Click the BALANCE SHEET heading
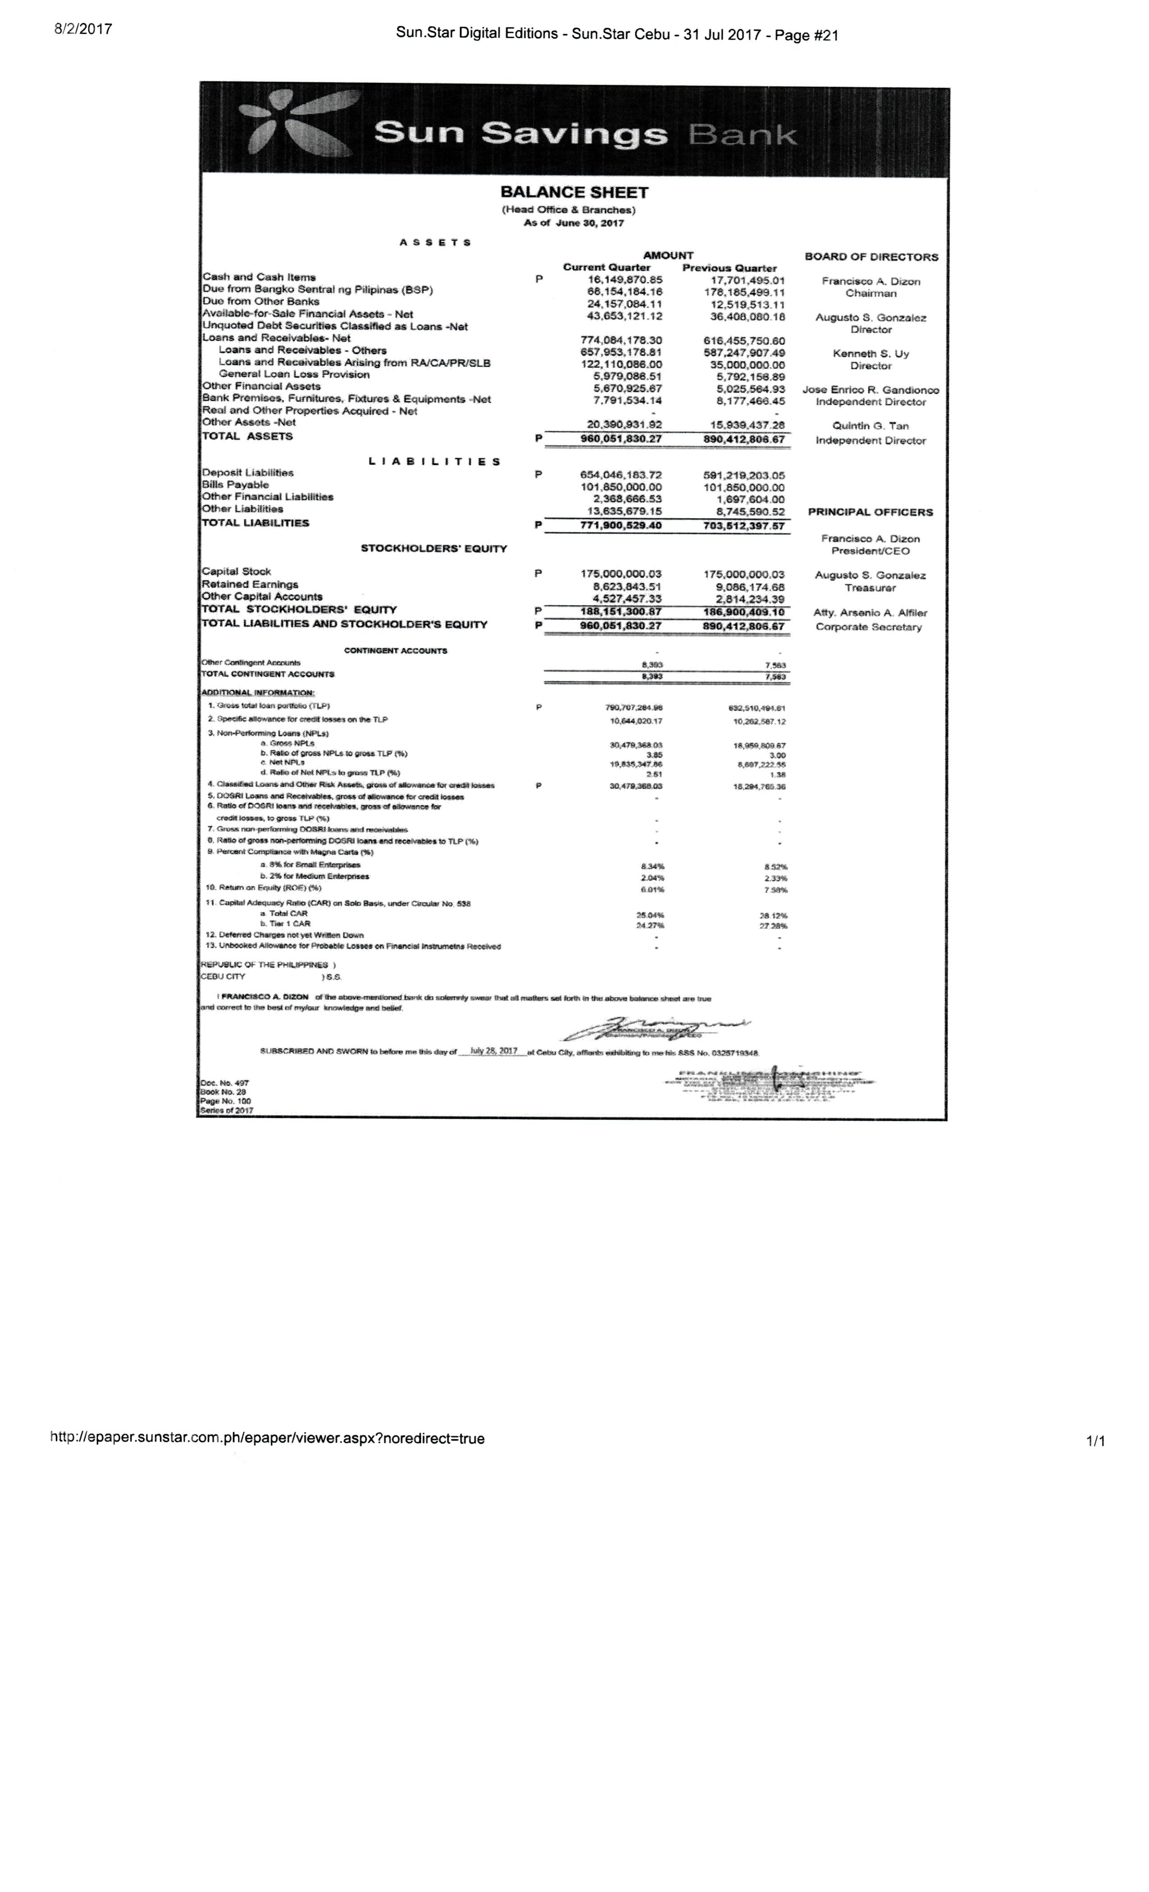574,193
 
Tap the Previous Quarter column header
729,268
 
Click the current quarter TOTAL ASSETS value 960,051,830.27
620,439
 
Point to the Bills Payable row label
235,485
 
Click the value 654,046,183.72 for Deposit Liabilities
620,475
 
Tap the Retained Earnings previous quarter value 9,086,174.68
743,587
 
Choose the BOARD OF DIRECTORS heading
871,257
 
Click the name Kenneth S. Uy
870,354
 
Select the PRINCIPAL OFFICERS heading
870,512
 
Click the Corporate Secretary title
868,628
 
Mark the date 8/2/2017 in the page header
83,29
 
